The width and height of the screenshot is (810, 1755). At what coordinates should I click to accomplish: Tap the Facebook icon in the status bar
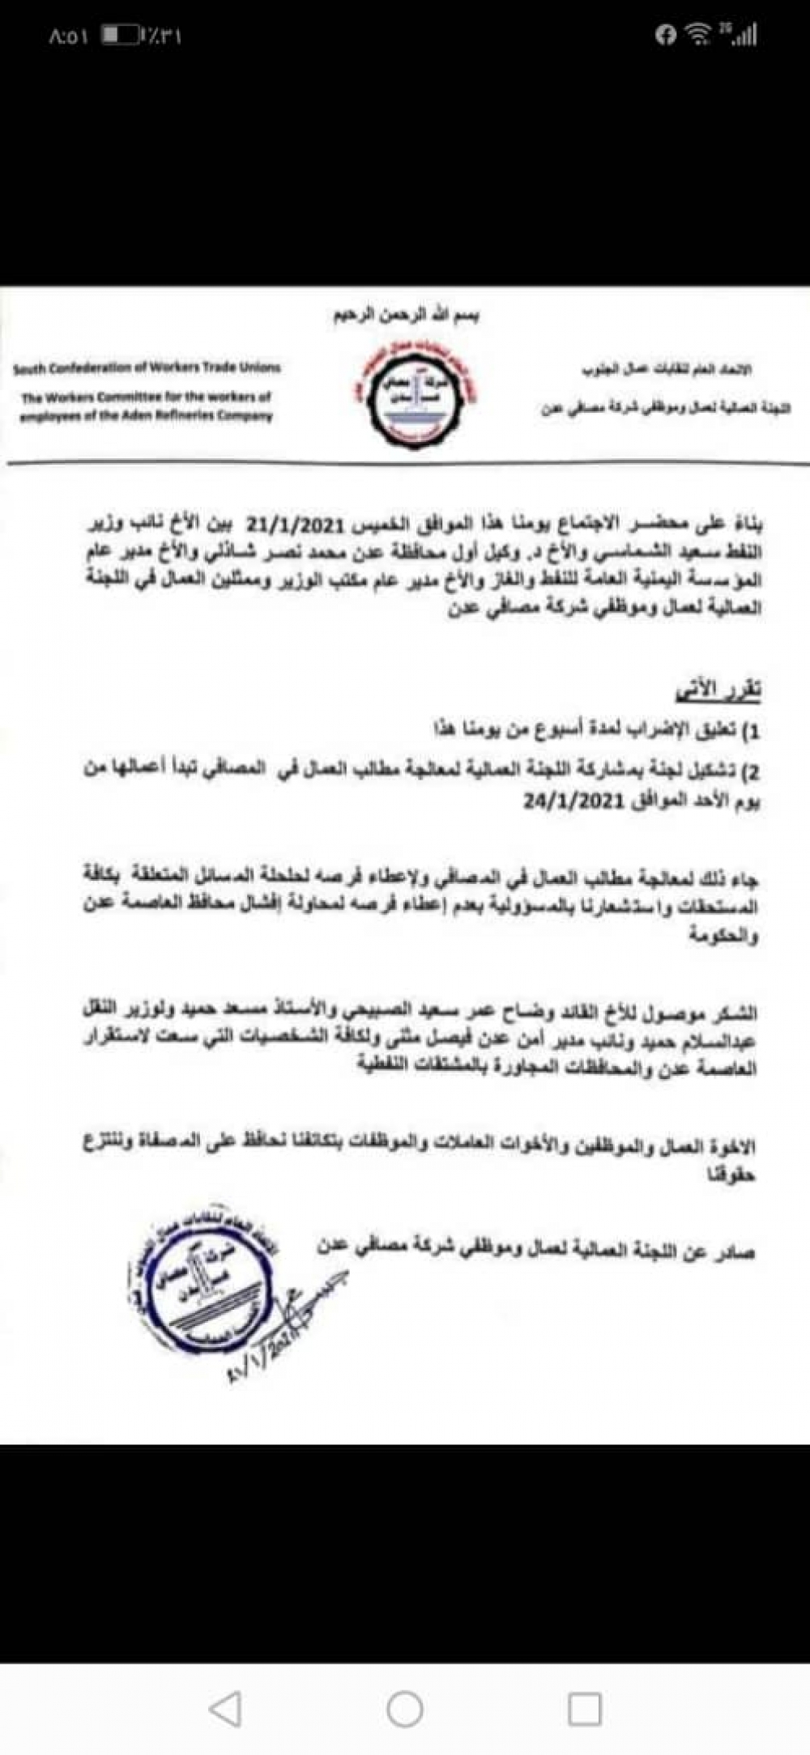coord(666,35)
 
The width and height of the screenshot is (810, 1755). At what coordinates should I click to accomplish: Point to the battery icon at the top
coord(120,36)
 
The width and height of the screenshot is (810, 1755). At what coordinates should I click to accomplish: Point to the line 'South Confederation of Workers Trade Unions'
coord(147,369)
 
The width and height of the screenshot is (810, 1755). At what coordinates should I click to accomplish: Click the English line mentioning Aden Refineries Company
coord(147,416)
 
